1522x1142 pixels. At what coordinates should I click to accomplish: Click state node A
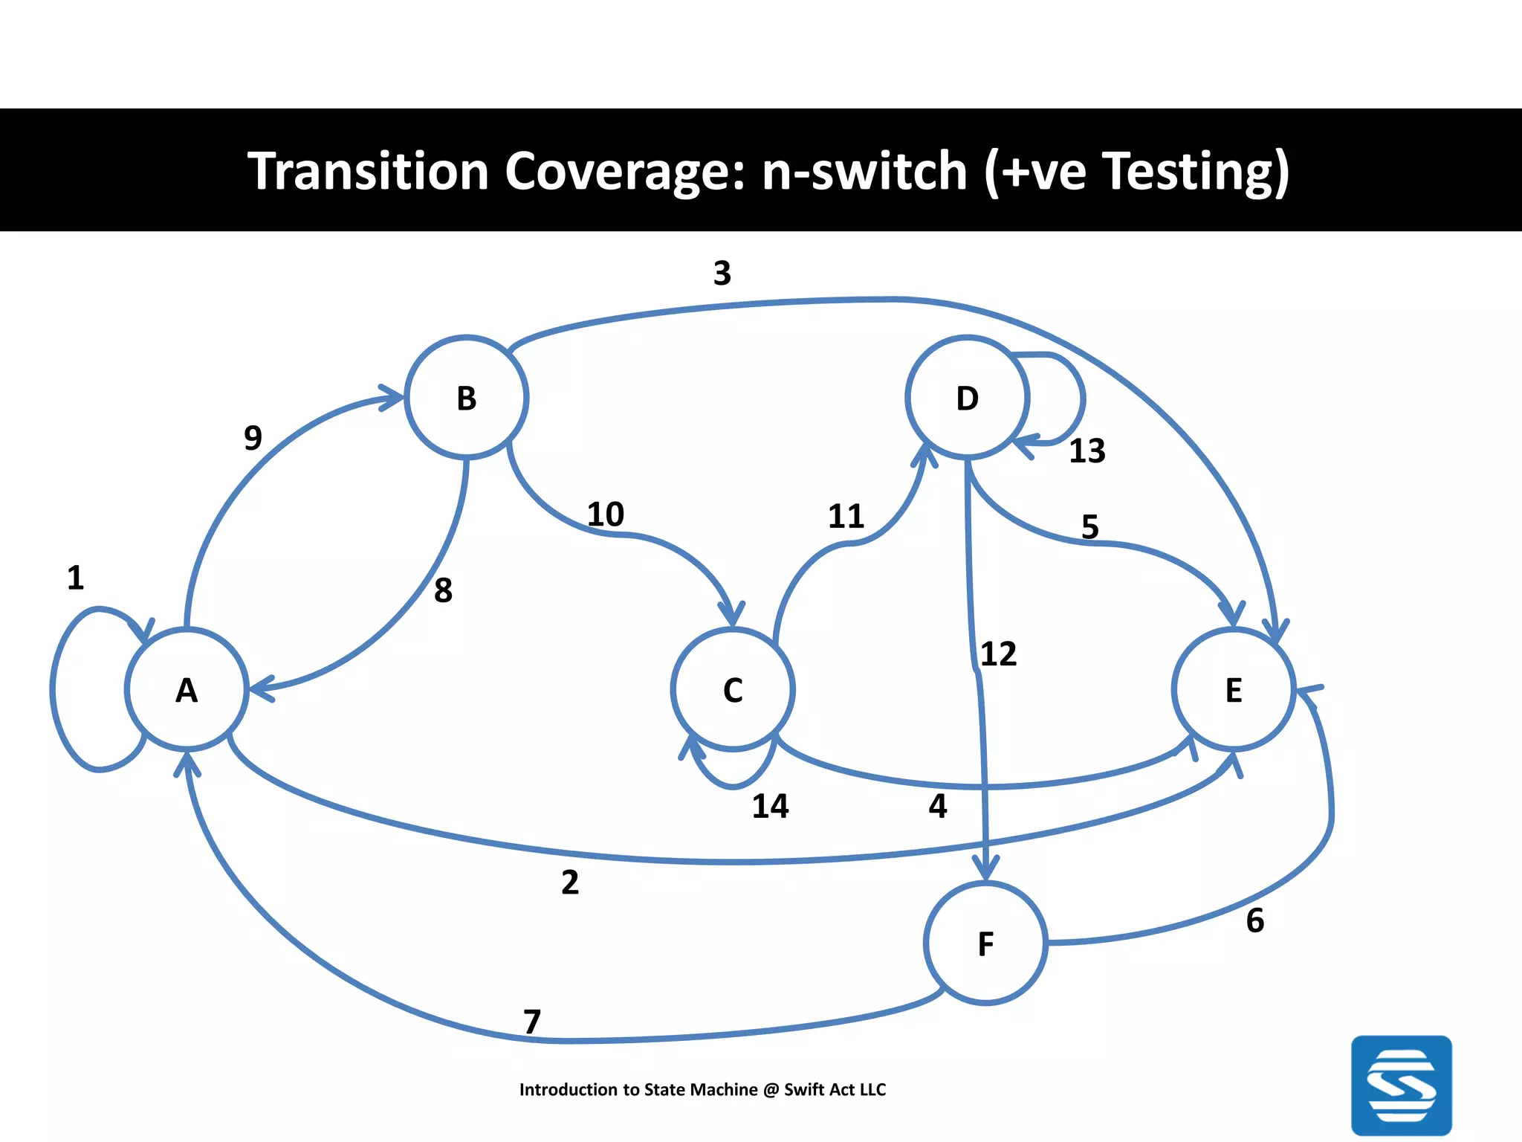point(187,689)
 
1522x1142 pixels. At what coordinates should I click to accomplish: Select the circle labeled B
point(466,398)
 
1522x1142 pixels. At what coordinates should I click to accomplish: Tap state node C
point(733,689)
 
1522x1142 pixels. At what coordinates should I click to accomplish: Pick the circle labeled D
point(967,398)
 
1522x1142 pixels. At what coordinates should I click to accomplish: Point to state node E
point(1234,689)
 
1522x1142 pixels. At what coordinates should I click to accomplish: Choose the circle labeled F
point(985,943)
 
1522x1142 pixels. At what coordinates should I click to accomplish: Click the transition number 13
point(1087,451)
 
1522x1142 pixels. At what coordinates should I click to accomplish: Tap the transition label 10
point(605,514)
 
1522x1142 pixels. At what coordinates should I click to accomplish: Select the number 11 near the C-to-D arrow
point(846,516)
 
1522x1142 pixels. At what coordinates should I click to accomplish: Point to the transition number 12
point(998,654)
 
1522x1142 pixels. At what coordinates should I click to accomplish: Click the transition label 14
point(770,806)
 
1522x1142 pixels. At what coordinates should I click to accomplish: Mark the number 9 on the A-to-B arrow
point(253,437)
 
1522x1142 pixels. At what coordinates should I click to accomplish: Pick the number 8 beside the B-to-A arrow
point(443,590)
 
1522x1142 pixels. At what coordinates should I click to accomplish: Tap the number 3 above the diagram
point(722,273)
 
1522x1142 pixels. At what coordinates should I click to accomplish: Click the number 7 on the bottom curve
point(531,1022)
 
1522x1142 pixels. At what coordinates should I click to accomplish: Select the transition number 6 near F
point(1254,920)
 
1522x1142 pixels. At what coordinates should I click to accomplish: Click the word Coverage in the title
point(624,171)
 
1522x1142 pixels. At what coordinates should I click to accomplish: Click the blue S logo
point(1401,1085)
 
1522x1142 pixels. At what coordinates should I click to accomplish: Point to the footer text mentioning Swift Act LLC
point(702,1089)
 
